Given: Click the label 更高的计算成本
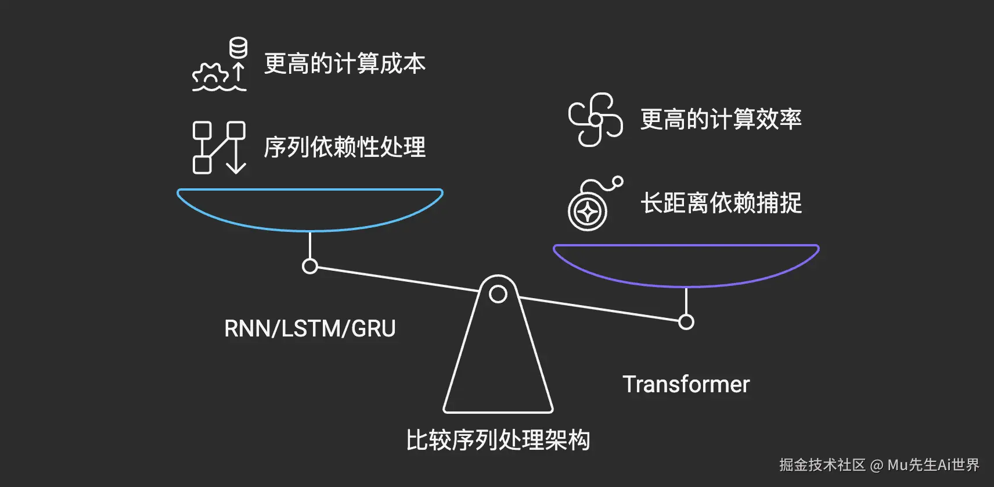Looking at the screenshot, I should (x=345, y=64).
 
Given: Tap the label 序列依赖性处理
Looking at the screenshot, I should (x=345, y=148).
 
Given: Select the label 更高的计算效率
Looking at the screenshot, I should (x=721, y=120).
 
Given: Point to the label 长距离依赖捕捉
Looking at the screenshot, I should (x=721, y=203).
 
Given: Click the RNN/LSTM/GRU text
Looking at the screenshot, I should (x=310, y=329).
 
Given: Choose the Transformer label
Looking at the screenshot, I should (x=686, y=385).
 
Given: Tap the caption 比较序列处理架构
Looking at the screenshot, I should (x=498, y=441).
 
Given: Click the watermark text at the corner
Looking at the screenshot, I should (x=878, y=465).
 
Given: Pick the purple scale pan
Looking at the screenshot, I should (x=686, y=266).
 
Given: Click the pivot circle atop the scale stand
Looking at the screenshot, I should (x=498, y=294).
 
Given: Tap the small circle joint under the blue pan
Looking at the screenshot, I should (x=310, y=266).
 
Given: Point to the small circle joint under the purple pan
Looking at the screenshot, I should (x=686, y=322).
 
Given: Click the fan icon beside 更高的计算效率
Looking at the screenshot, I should (x=595, y=120).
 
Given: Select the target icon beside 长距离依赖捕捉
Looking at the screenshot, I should (x=588, y=210).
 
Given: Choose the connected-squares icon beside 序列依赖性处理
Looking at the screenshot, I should (x=218, y=148).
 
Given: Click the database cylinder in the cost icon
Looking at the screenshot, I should (x=238, y=48).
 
